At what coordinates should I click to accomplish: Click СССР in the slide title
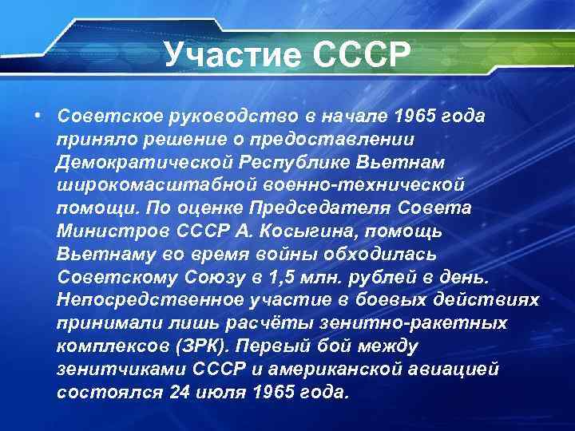tap(359, 55)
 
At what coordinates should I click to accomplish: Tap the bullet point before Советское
tap(38, 115)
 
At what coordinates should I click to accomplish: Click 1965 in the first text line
tap(415, 116)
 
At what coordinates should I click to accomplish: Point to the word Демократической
tap(143, 162)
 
